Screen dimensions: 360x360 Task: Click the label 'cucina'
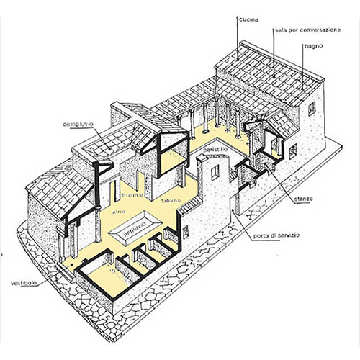(x=248, y=19)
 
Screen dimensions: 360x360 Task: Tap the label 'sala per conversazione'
(x=307, y=30)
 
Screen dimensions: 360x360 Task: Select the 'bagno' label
(x=314, y=46)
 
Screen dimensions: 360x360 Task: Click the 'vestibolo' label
(x=24, y=283)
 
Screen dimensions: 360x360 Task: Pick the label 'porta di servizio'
(x=276, y=235)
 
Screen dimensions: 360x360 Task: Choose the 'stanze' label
(x=303, y=199)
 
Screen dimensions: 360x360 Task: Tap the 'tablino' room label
(x=171, y=200)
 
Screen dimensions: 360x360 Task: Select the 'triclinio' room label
(x=132, y=194)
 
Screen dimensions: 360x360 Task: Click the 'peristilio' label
(x=215, y=149)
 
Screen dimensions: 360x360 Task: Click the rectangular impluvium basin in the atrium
(x=135, y=228)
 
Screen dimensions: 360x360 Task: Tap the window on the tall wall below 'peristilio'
(x=215, y=172)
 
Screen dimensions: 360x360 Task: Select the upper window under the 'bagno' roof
(x=312, y=109)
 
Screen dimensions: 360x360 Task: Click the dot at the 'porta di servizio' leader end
(x=233, y=210)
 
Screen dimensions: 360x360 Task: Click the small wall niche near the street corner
(x=185, y=232)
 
